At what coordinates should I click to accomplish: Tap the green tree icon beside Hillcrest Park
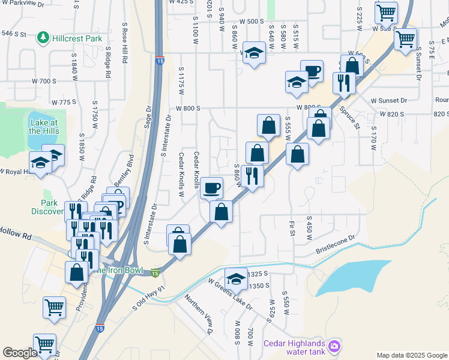click(x=44, y=38)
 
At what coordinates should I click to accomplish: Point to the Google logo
click(x=20, y=353)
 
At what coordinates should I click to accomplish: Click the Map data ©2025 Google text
click(x=412, y=355)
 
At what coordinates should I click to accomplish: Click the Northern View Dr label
click(x=199, y=314)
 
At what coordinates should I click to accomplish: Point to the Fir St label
click(x=292, y=229)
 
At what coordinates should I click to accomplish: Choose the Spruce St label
click(x=349, y=118)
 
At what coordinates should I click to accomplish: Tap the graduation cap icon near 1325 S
click(x=236, y=279)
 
